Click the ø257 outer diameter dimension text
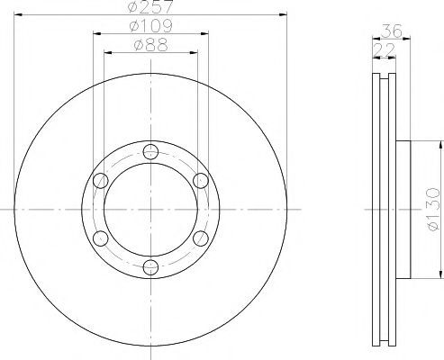(149, 7)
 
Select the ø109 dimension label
(149, 27)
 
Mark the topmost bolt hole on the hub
(149, 151)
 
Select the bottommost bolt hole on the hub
(149, 265)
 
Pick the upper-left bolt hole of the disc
(99, 180)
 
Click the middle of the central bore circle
(149, 208)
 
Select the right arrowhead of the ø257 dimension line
(279, 15)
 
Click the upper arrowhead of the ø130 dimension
(439, 144)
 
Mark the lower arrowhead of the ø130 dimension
(439, 273)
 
